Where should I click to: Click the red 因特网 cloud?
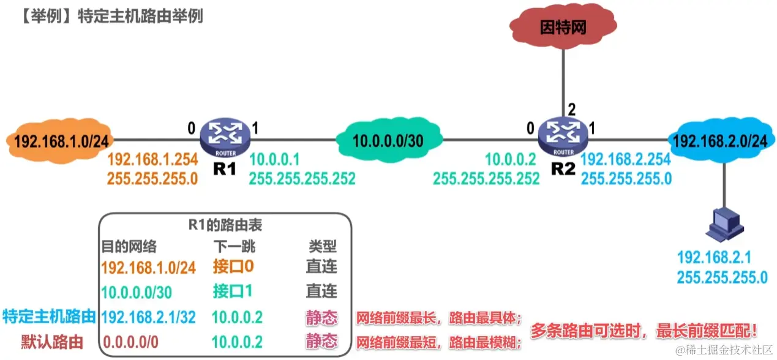click(563, 28)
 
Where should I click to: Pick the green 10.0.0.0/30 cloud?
click(388, 140)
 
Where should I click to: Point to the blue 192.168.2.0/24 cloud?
click(719, 141)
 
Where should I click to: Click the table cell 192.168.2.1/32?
click(149, 317)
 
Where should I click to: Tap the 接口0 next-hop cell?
click(233, 267)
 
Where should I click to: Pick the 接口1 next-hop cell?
click(233, 291)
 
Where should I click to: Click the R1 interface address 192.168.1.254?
click(152, 160)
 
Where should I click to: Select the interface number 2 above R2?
click(571, 111)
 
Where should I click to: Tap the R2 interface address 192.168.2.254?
click(626, 160)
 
